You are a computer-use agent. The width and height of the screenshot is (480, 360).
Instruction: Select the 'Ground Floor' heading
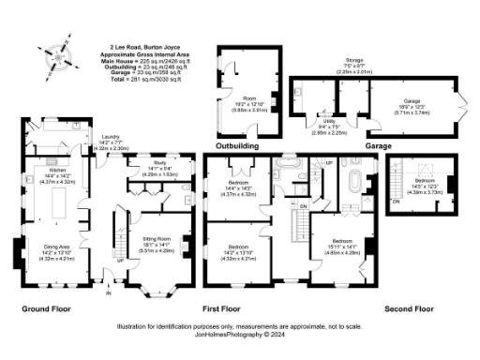click(x=42, y=307)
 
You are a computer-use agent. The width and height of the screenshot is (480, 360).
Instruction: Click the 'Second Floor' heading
click(x=409, y=307)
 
